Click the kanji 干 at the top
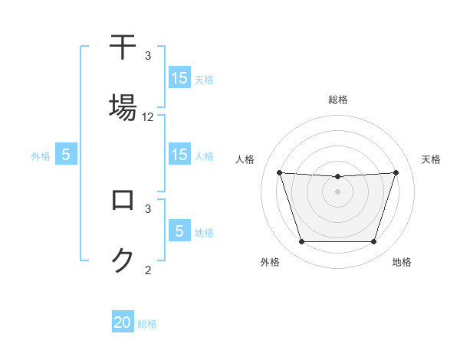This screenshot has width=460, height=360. [123, 47]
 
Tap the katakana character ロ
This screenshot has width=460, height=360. [123, 200]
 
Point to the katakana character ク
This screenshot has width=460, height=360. [123, 260]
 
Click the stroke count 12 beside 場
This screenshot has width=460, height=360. [148, 117]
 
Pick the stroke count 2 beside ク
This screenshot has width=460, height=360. [148, 270]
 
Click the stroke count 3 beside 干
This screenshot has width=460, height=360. [148, 56]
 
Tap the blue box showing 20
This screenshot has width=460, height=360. [123, 322]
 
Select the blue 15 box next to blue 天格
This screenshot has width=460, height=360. [179, 78]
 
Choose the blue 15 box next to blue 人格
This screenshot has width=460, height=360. [179, 155]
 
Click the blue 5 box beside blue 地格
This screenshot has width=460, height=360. [179, 231]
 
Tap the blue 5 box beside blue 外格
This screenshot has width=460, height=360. [66, 155]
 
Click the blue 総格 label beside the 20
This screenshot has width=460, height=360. [147, 324]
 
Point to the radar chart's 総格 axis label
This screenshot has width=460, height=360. [338, 100]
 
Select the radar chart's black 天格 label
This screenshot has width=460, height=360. [431, 159]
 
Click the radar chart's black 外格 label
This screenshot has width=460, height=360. [270, 263]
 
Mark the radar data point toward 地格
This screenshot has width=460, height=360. [374, 242]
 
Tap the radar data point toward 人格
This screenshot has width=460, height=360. [279, 172]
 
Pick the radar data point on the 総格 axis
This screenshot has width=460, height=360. [338, 177]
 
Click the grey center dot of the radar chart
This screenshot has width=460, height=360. [338, 191]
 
